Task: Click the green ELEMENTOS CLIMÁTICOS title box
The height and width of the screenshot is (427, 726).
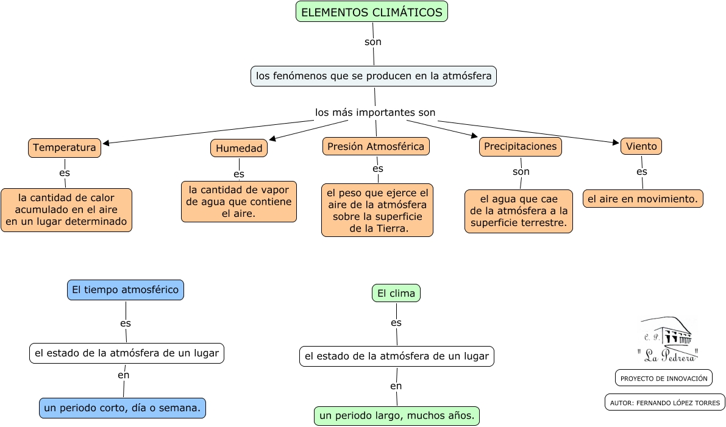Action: [372, 12]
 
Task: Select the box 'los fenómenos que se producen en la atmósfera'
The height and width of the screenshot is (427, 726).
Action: [374, 76]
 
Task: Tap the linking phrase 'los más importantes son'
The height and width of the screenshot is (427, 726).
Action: [375, 113]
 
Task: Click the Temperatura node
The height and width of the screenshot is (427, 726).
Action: [64, 147]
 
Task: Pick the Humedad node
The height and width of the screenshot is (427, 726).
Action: [239, 148]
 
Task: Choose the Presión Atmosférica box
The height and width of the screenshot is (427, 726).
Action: [375, 146]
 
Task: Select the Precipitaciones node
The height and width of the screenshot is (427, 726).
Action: [520, 146]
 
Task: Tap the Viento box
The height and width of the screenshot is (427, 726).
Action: [641, 146]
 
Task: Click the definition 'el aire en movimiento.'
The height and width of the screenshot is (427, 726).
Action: [642, 199]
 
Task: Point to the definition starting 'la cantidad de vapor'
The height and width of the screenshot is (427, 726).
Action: [239, 202]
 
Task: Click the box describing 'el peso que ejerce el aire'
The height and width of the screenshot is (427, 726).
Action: [377, 210]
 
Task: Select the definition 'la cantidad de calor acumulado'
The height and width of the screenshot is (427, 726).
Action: [66, 210]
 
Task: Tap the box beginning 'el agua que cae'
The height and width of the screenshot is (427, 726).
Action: [519, 211]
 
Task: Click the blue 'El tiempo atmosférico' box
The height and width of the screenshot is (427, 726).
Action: [125, 290]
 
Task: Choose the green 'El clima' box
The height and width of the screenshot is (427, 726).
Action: [396, 294]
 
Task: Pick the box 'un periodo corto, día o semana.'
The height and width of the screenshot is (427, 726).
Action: [123, 408]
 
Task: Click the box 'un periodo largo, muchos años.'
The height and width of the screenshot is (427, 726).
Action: [397, 416]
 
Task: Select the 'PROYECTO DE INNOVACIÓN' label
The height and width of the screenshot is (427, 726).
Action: [664, 378]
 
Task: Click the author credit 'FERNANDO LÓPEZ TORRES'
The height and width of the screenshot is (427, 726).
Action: [664, 402]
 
